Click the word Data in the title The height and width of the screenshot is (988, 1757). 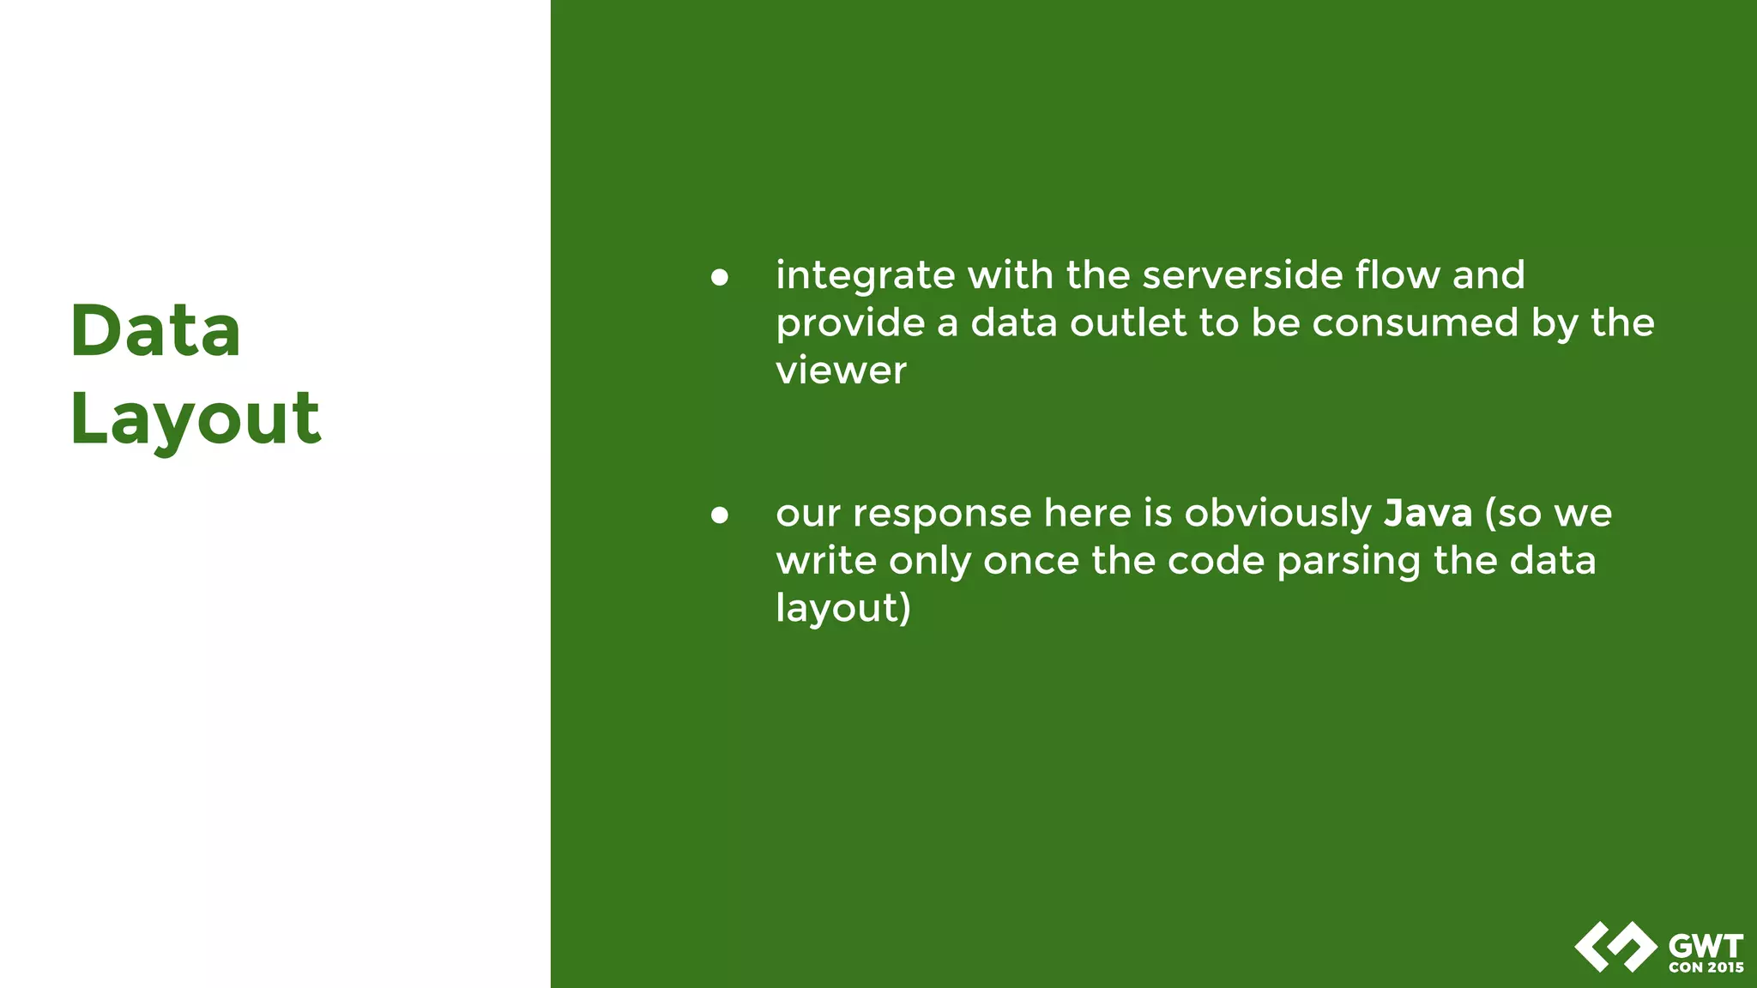click(155, 331)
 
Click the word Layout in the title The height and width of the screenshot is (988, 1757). click(196, 419)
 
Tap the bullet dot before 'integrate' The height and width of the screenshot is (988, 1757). click(720, 277)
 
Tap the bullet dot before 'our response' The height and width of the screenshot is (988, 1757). click(720, 515)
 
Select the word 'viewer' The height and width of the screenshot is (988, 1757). click(841, 371)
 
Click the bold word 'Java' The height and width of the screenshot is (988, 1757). click(1428, 513)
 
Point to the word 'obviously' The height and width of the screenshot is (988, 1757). click(1278, 515)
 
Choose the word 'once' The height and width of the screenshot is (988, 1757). click(1030, 562)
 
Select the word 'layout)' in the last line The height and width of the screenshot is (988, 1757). click(842, 609)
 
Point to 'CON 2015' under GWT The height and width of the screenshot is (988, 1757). click(1706, 967)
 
